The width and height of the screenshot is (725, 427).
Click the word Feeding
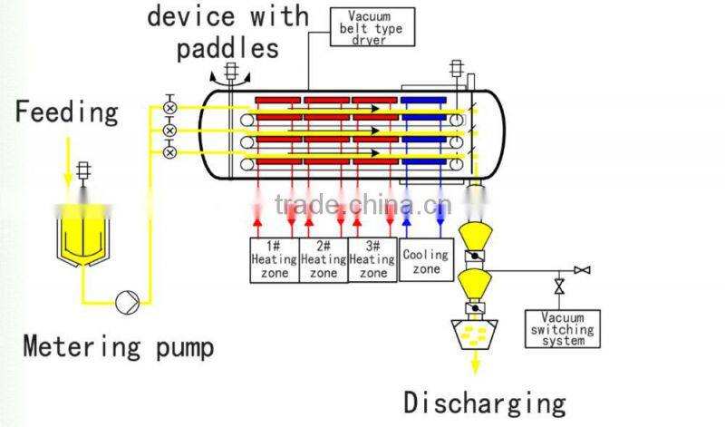[66, 112]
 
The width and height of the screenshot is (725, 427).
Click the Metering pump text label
[119, 345]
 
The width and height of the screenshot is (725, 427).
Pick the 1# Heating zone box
[274, 259]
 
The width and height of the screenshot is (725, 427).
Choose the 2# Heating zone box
[323, 259]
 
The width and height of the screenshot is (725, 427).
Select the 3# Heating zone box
[372, 259]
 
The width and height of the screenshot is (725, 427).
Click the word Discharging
[485, 402]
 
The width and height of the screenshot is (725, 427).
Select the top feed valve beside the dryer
[169, 108]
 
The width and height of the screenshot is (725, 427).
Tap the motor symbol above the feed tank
[84, 170]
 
